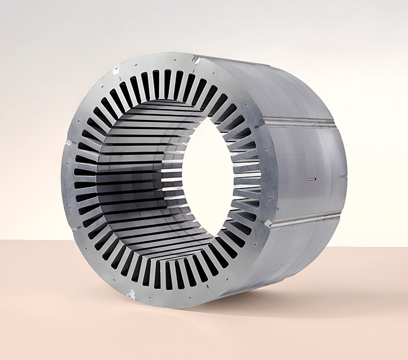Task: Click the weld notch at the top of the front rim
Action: click(x=196, y=59)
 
